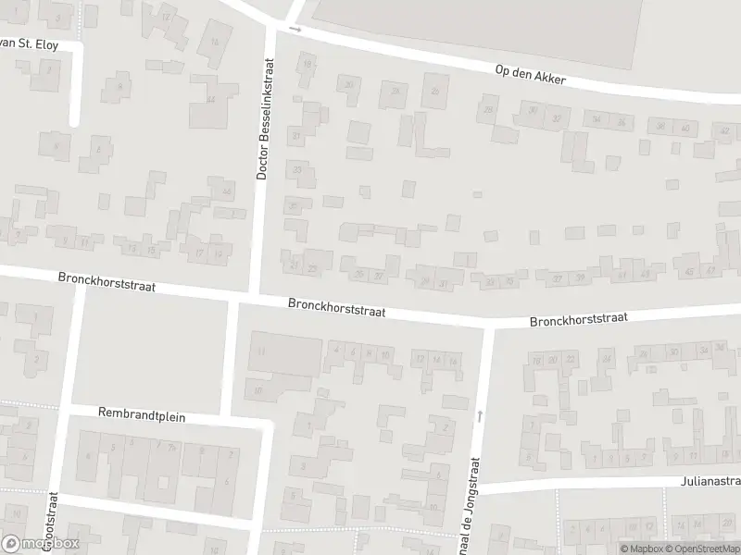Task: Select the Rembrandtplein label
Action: pos(142,416)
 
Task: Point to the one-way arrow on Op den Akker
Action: pos(295,29)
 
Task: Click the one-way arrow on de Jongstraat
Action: pos(479,416)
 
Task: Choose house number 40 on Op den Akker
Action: pos(685,128)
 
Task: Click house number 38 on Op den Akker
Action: pos(660,126)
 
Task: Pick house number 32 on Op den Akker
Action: pos(556,118)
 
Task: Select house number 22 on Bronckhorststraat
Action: pos(570,359)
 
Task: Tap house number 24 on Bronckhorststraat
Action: pos(607,357)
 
